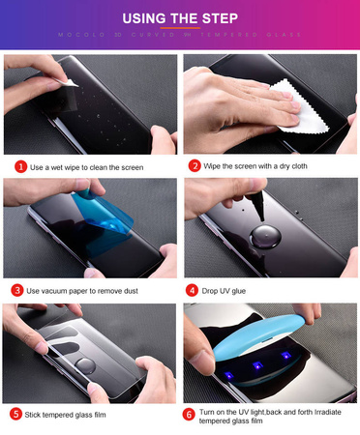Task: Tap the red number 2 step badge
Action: pyautogui.click(x=195, y=166)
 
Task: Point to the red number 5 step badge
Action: pyautogui.click(x=16, y=413)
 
